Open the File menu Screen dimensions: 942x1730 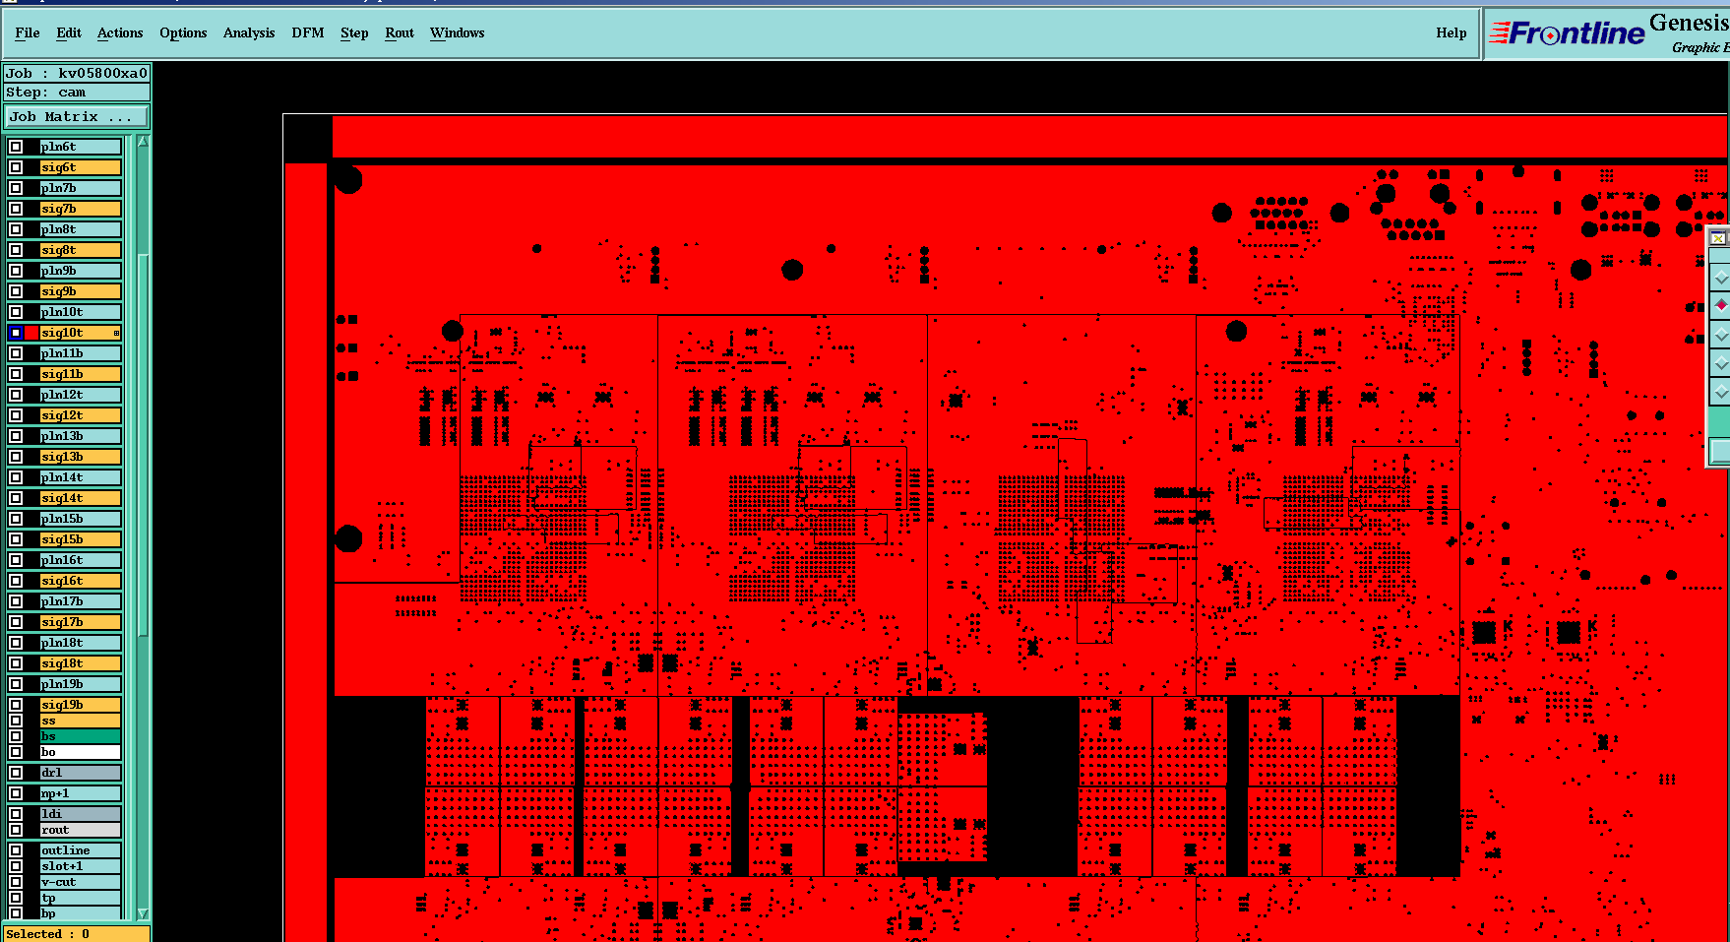(x=28, y=32)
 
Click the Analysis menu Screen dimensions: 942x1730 (x=249, y=32)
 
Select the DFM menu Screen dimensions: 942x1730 (x=307, y=32)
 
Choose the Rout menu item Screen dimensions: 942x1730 (x=400, y=32)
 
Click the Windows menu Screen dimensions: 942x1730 (x=457, y=32)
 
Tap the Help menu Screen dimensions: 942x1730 (x=1451, y=32)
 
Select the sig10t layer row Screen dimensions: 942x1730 (x=79, y=333)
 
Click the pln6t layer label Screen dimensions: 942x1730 (x=79, y=147)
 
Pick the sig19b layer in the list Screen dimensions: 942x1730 (x=79, y=705)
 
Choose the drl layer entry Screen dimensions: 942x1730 (x=79, y=773)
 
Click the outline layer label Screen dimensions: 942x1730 (x=79, y=850)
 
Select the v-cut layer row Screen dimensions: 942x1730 (x=79, y=882)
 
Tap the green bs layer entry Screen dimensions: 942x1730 (x=79, y=736)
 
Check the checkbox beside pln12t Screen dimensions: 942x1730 (x=16, y=395)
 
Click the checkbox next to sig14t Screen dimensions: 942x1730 (x=16, y=498)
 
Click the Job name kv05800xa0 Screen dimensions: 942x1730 (x=101, y=73)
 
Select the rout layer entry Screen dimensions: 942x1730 (x=79, y=830)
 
